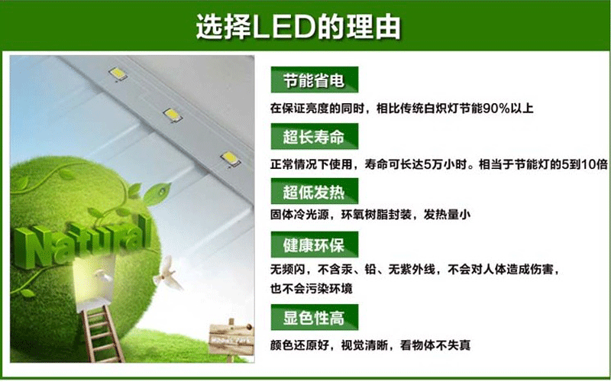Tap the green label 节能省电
pyautogui.click(x=315, y=80)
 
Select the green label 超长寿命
pyautogui.click(x=315, y=137)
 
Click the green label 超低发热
pyautogui.click(x=315, y=192)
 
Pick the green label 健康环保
pyautogui.click(x=315, y=244)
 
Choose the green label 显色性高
pyautogui.click(x=315, y=317)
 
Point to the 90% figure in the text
pyautogui.click(x=496, y=108)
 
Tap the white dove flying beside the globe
pyautogui.click(x=168, y=274)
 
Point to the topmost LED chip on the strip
pyautogui.click(x=118, y=73)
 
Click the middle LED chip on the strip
pyautogui.click(x=172, y=115)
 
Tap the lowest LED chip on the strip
pyautogui.click(x=230, y=159)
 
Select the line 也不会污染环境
pyautogui.click(x=312, y=289)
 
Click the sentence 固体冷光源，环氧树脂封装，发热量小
pyautogui.click(x=370, y=215)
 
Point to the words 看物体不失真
pyautogui.click(x=435, y=345)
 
